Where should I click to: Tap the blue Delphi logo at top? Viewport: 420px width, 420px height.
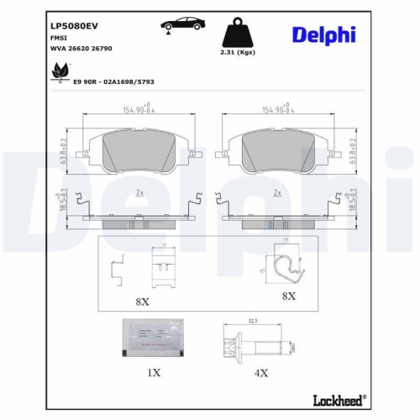coord(323,34)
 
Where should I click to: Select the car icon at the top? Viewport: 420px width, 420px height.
coord(176,24)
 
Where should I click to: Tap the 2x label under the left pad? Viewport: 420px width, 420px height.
coord(139,192)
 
